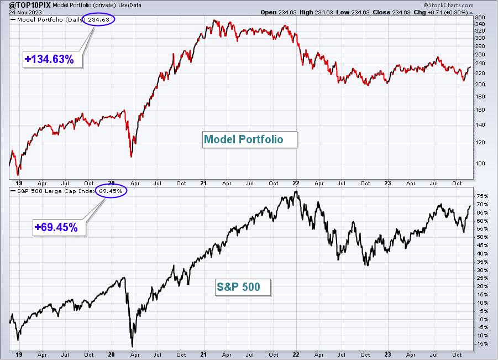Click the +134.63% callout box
(x=53, y=59)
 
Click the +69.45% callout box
(x=59, y=227)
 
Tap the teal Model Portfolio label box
(x=250, y=139)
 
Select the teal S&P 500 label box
(x=243, y=287)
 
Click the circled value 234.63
(x=99, y=20)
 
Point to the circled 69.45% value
(x=111, y=191)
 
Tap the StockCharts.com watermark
(x=448, y=5)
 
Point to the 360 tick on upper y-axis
(x=480, y=18)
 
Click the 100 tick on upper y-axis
(x=480, y=163)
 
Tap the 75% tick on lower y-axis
(x=482, y=196)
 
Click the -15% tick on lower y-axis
(x=481, y=344)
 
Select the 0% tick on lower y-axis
(x=484, y=319)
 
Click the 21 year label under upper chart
(x=203, y=184)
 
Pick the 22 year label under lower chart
(x=296, y=354)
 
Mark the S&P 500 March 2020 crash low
(x=132, y=346)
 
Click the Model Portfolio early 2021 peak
(x=214, y=20)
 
